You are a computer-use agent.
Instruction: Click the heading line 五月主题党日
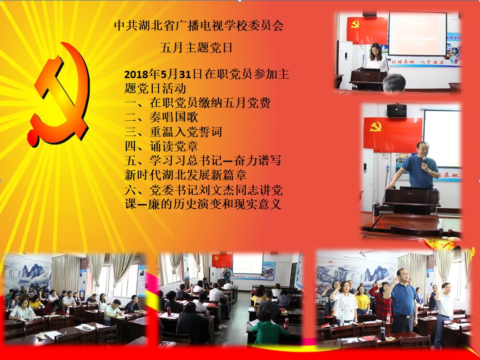(x=197, y=48)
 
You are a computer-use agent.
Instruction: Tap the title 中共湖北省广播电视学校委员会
(x=199, y=26)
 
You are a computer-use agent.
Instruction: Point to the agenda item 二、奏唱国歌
(x=162, y=117)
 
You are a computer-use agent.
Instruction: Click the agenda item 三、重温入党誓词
(x=173, y=132)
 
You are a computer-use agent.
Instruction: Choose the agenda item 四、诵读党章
(x=162, y=146)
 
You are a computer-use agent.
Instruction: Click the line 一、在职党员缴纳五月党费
(x=198, y=103)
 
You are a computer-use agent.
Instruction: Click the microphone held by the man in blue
(x=424, y=161)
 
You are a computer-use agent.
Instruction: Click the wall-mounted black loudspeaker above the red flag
(x=397, y=111)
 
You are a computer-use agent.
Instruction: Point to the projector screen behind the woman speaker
(x=418, y=33)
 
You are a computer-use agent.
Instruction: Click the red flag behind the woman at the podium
(x=367, y=30)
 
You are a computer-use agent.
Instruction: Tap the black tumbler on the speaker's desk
(x=376, y=209)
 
